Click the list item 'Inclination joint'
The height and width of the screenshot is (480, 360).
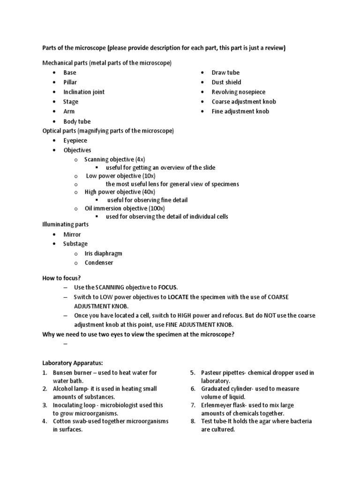84,92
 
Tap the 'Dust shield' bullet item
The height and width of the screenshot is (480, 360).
226,82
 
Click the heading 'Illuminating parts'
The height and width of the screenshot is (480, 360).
66,225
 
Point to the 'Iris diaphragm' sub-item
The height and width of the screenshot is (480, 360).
103,253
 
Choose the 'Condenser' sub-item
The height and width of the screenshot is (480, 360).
98,262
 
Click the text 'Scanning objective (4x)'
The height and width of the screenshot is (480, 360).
114,159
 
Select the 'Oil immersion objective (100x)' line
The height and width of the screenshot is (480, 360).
124,208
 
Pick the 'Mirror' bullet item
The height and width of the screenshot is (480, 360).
72,234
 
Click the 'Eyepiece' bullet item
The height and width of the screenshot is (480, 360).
75,140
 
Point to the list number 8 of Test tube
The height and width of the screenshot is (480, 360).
192,421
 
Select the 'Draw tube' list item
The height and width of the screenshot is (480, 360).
225,73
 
